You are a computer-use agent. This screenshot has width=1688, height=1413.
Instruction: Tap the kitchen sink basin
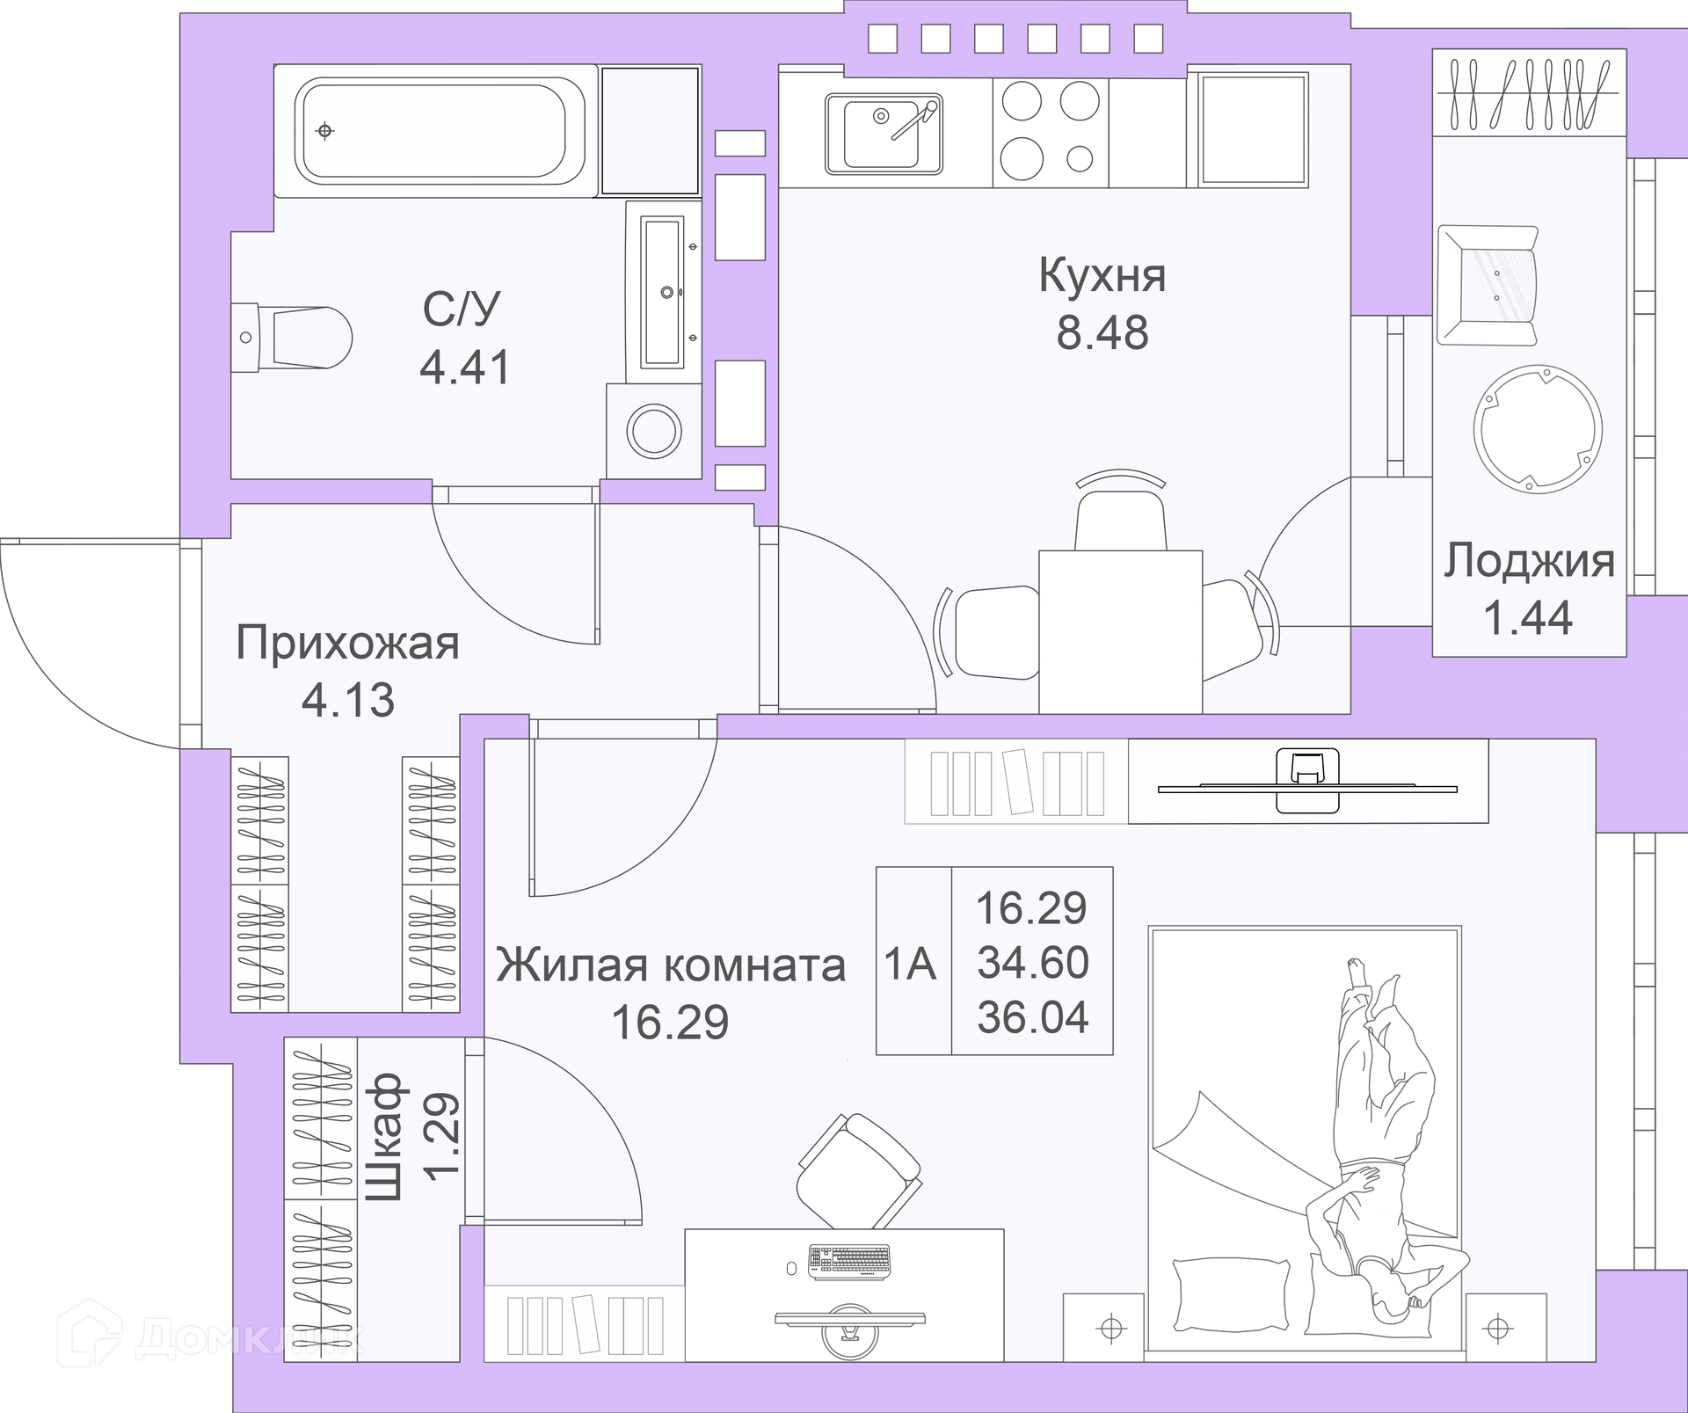click(883, 134)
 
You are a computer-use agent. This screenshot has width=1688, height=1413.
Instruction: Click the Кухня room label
click(1102, 275)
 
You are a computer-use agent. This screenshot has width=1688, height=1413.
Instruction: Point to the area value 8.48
click(1102, 333)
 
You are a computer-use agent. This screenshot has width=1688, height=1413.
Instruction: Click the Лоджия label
click(1529, 561)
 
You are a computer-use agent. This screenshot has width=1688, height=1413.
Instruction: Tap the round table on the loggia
click(1538, 429)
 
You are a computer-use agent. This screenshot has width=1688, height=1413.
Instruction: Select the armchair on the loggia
click(1488, 285)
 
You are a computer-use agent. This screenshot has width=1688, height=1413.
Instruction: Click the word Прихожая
click(347, 645)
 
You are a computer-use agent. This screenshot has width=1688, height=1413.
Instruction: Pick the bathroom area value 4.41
click(465, 368)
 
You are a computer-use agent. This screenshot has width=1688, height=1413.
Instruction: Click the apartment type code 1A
click(910, 965)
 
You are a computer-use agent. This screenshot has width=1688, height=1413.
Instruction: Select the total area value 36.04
click(1033, 1017)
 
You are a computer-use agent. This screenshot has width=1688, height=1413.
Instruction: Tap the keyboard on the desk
click(849, 1260)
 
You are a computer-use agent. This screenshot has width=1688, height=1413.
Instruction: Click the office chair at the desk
click(859, 1170)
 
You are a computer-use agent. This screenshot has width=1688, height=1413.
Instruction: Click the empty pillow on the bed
click(1231, 1295)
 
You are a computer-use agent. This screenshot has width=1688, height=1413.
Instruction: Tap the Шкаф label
click(384, 1137)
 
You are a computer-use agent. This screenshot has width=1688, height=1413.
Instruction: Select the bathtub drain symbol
click(325, 131)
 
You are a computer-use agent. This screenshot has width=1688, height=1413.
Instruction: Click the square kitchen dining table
click(1121, 631)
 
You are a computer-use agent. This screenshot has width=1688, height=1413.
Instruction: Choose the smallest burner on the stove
click(1080, 159)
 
